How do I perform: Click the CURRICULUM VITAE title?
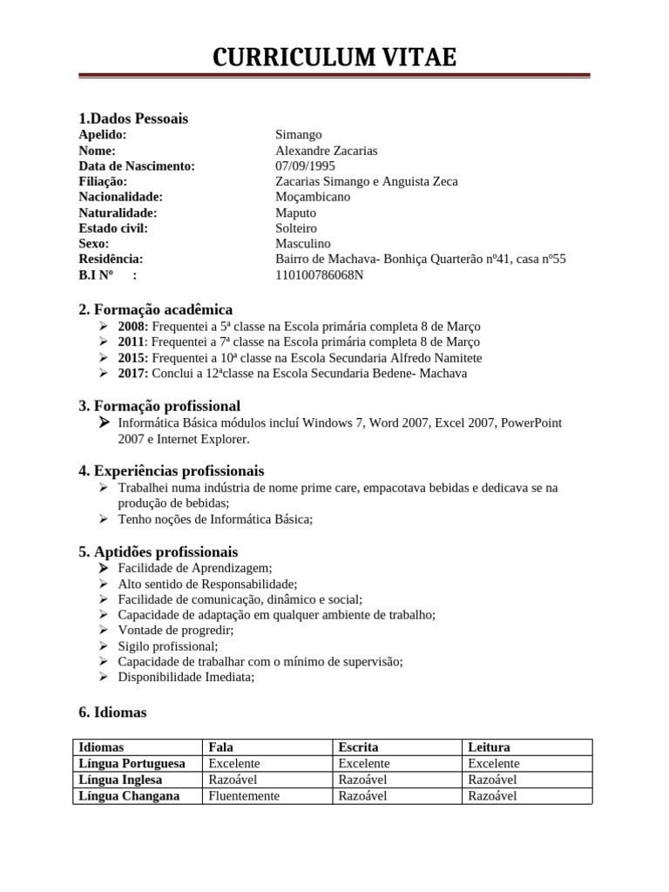click(x=334, y=57)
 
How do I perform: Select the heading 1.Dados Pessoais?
click(x=133, y=118)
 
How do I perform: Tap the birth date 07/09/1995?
click(x=305, y=166)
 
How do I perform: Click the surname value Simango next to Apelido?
click(x=299, y=135)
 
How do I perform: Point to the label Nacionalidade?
click(x=120, y=197)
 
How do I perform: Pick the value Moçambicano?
click(x=313, y=197)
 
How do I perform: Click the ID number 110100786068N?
click(x=320, y=275)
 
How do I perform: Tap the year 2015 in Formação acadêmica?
click(x=132, y=358)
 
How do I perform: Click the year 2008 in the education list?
click(x=132, y=327)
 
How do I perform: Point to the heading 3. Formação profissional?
click(x=159, y=406)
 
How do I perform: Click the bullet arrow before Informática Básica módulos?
click(x=104, y=423)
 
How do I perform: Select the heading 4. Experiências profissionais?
click(x=171, y=471)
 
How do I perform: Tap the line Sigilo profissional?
click(x=168, y=646)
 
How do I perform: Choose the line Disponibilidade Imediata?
click(x=186, y=678)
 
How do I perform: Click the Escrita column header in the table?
click(x=358, y=747)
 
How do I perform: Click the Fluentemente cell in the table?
click(x=245, y=795)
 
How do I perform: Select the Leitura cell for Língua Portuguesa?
click(x=494, y=763)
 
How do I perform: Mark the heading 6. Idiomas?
click(x=112, y=713)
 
